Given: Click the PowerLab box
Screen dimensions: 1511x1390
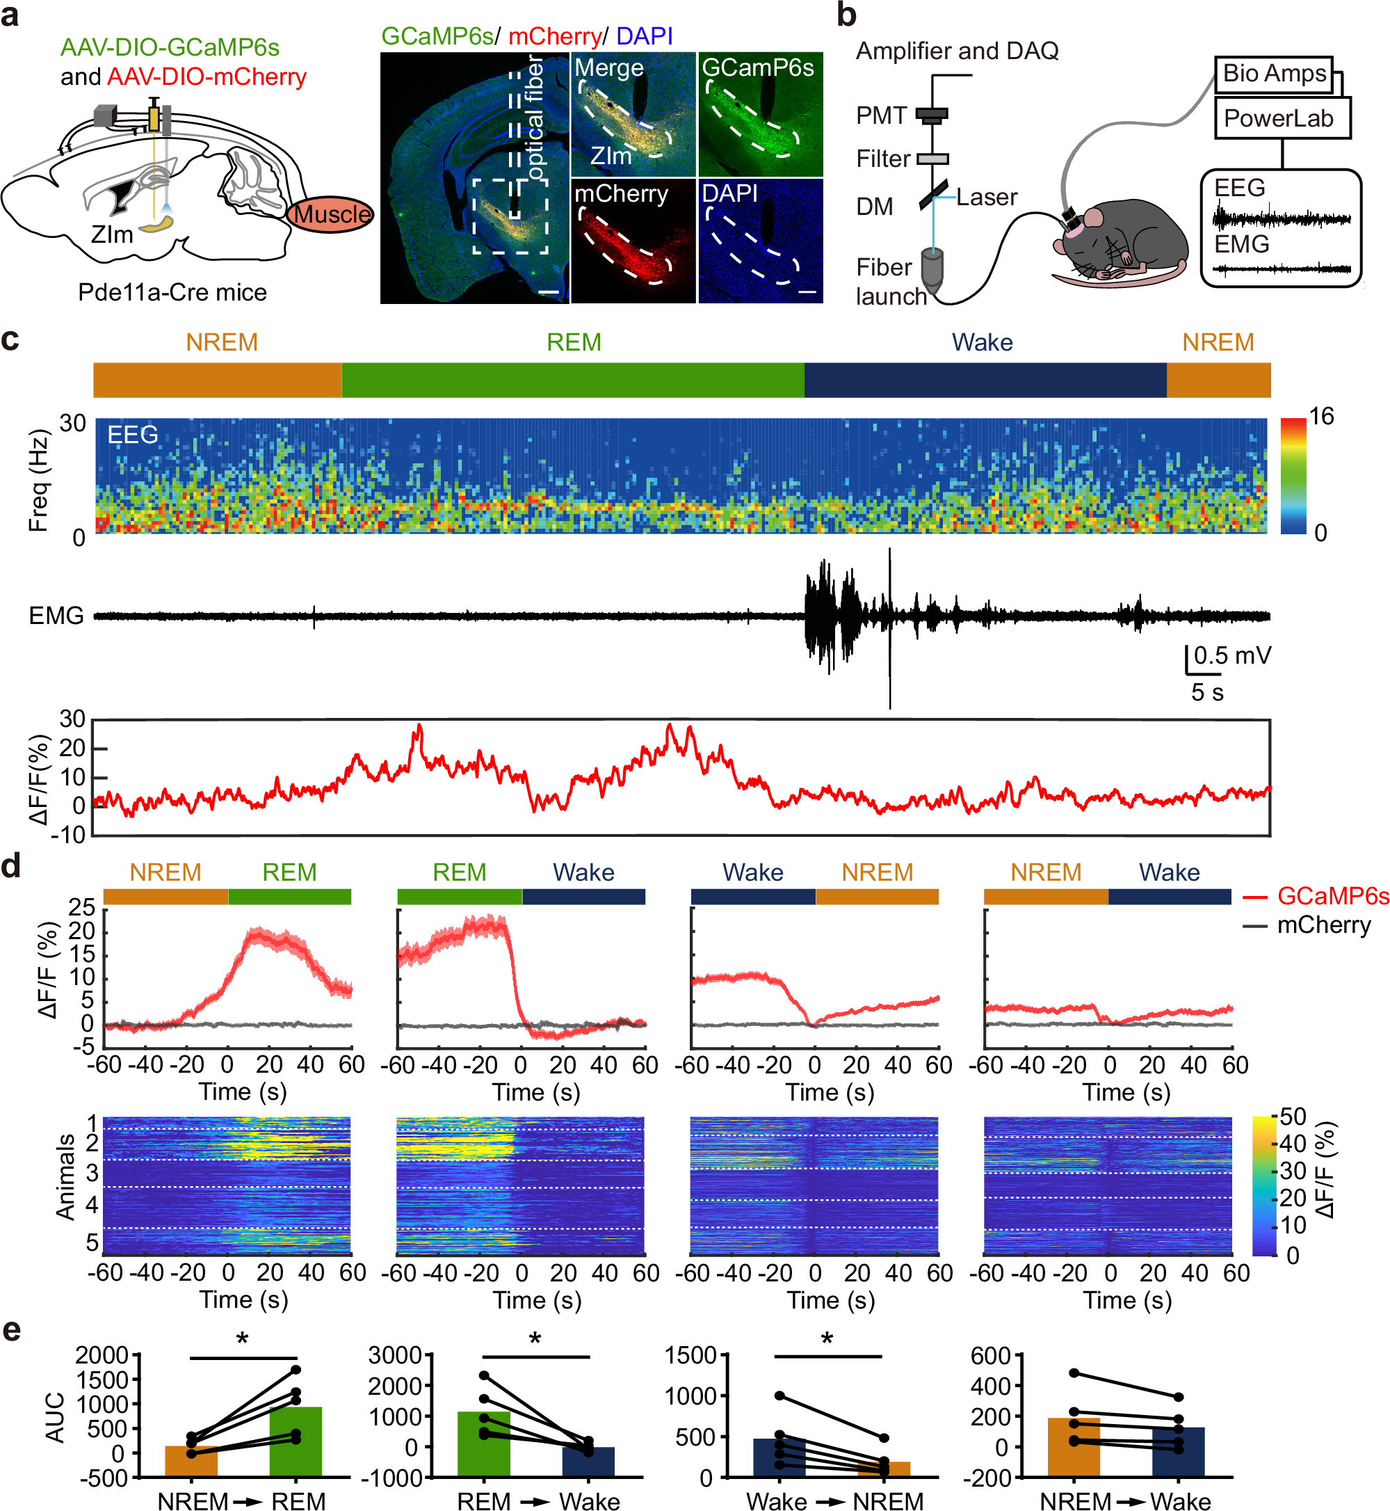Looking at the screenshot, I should coord(1282,118).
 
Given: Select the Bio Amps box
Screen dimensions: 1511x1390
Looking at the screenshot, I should coord(1273,74).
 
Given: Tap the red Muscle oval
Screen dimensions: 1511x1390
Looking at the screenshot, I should coord(331,214).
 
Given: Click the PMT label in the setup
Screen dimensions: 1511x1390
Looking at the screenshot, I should coord(881,115).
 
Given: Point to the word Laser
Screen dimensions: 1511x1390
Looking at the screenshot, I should coord(986,197).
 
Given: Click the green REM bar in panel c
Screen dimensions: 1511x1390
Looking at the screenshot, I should coord(572,380).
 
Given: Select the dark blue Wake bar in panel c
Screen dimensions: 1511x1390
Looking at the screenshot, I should coord(985,380).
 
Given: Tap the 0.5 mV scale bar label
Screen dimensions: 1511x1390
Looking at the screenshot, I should coord(1232,655).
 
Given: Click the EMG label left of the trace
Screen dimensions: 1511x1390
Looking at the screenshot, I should coord(56,616).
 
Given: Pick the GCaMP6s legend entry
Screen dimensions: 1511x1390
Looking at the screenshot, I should coord(1332,895).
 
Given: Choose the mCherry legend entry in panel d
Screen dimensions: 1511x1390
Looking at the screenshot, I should coord(1323,925).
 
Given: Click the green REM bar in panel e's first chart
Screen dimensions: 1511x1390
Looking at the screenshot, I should coord(296,1440).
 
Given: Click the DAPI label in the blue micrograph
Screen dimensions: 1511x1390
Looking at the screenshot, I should coord(729,193).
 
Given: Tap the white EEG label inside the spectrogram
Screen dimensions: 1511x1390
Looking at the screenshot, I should coord(132,435).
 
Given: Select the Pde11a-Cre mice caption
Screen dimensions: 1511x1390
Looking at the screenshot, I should coord(172,292).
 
